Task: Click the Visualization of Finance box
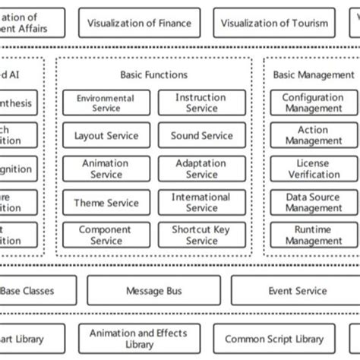pos(139,23)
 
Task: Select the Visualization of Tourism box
pos(274,23)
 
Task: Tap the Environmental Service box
pos(106,103)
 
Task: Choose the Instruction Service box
pos(201,103)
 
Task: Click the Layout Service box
pos(106,136)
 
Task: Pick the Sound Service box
pos(201,136)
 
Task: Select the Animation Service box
pos(106,169)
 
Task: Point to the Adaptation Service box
pos(201,169)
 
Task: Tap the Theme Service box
pos(106,203)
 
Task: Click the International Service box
pos(201,203)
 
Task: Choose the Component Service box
pos(106,235)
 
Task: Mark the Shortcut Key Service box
pos(201,235)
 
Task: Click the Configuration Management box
pos(312,103)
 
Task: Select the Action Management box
pos(312,136)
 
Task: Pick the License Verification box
pos(312,169)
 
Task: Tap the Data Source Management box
pos(312,203)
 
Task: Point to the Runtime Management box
pos(312,235)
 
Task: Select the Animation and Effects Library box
pos(138,339)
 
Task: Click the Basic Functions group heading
pos(153,74)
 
